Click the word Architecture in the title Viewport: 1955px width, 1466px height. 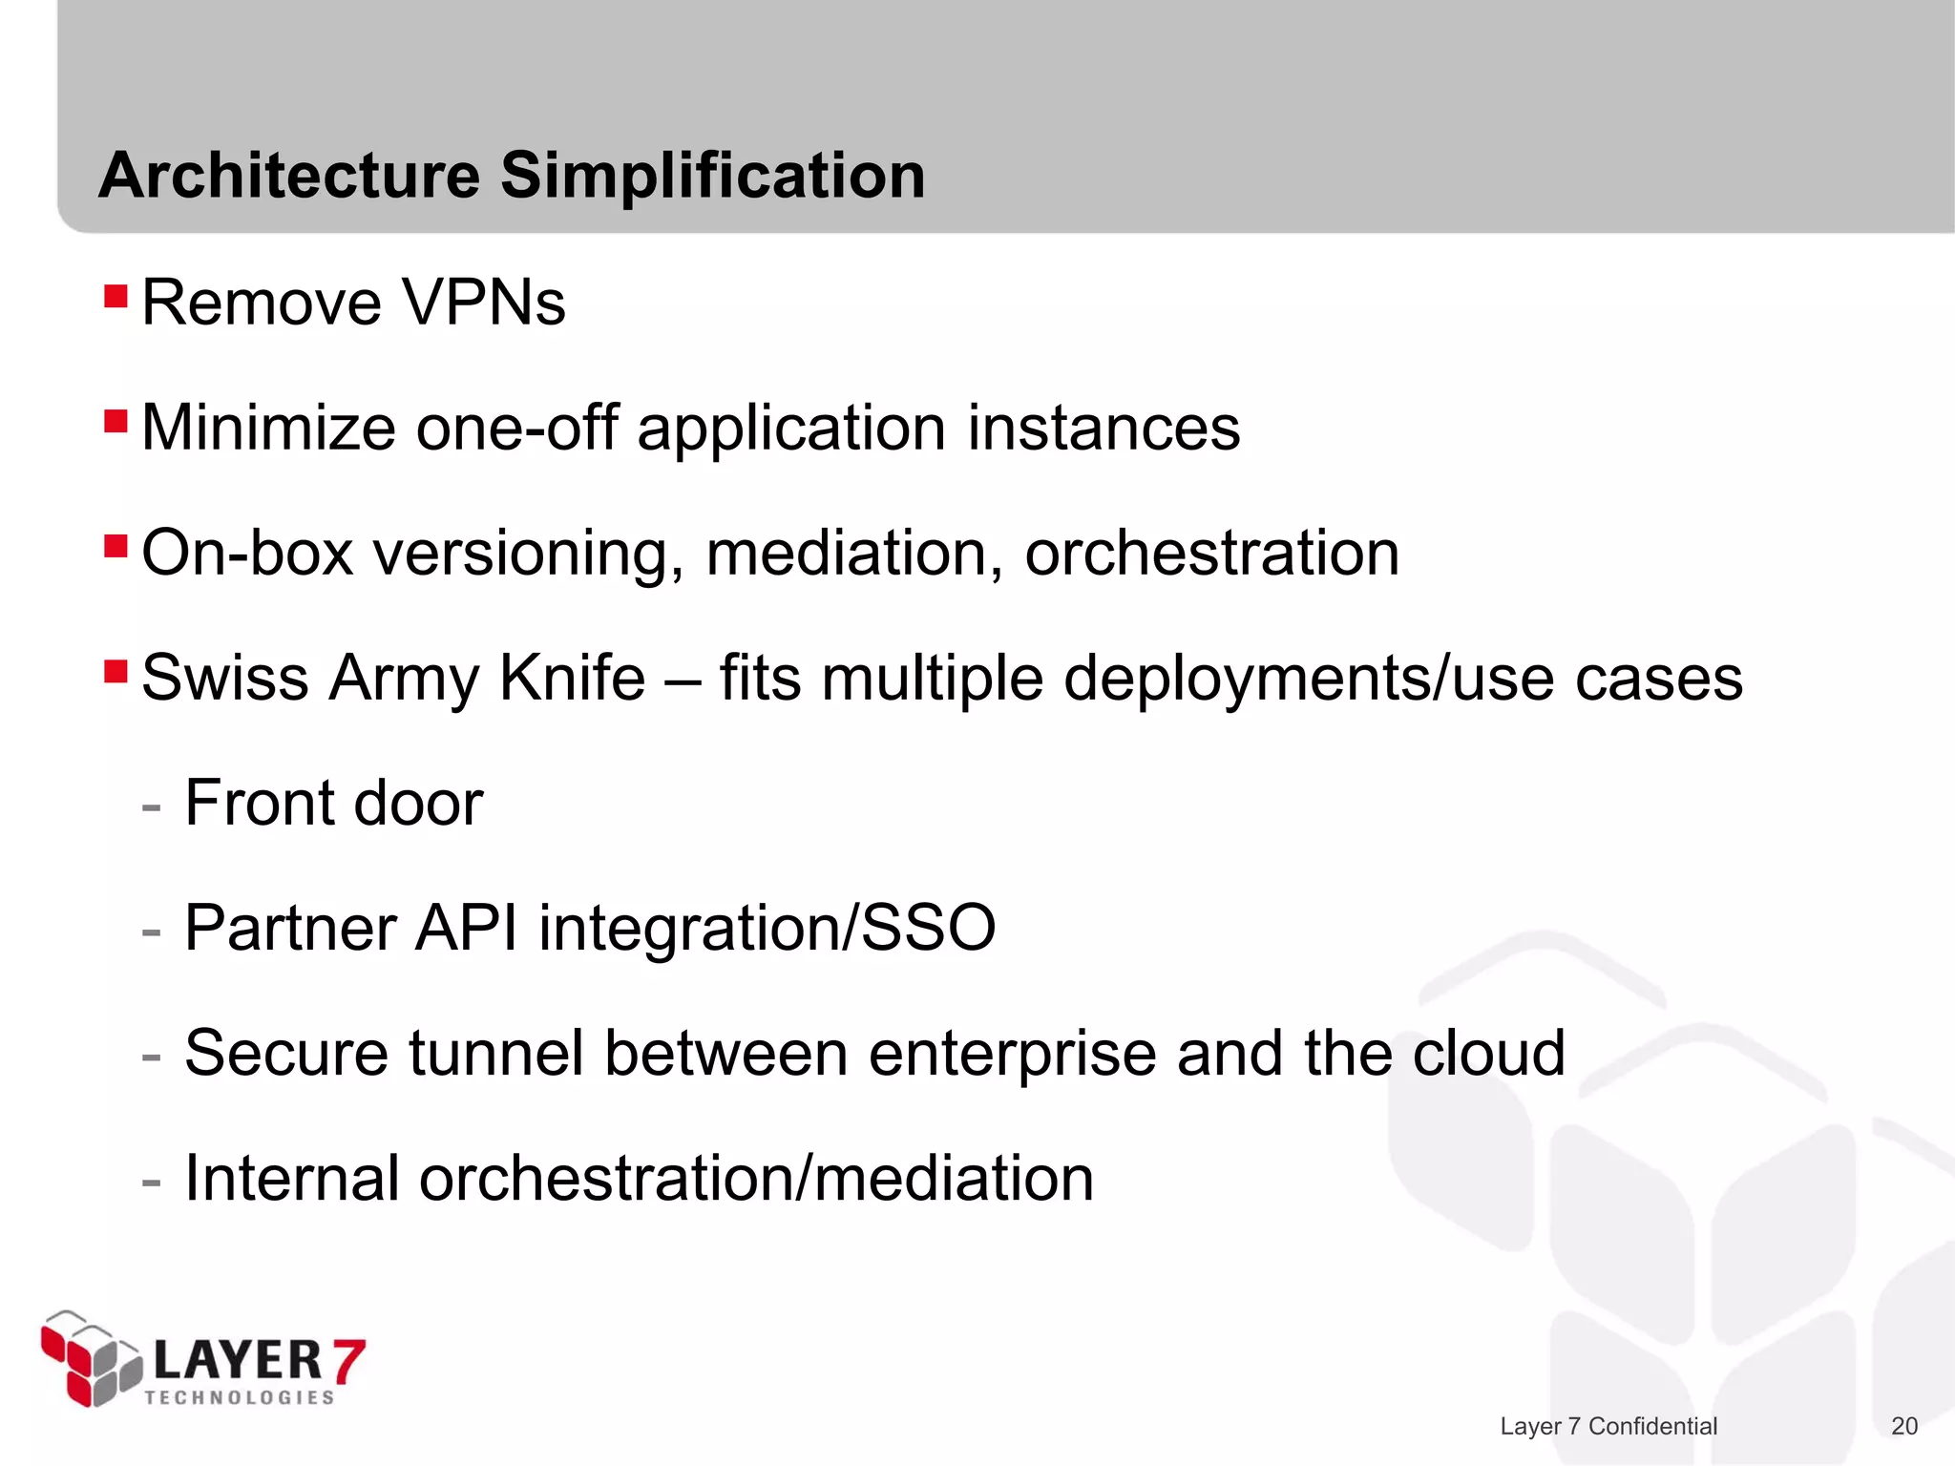tap(289, 177)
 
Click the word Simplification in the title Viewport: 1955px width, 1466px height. tap(712, 177)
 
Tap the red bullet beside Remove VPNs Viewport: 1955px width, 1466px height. tap(116, 296)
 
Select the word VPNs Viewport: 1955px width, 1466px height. tap(483, 304)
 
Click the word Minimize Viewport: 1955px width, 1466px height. tap(268, 428)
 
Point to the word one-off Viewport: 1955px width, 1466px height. tap(516, 428)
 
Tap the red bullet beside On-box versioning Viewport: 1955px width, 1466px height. tap(116, 547)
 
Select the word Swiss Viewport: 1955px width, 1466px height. tap(225, 678)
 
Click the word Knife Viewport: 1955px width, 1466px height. tap(572, 678)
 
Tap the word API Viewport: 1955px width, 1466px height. tap(467, 928)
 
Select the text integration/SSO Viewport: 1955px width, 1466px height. tap(767, 928)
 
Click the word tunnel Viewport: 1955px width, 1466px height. tap(496, 1053)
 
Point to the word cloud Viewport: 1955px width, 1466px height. tap(1488, 1053)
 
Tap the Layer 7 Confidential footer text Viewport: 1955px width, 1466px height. tap(1608, 1426)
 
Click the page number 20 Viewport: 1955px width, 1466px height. tap(1903, 1426)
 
